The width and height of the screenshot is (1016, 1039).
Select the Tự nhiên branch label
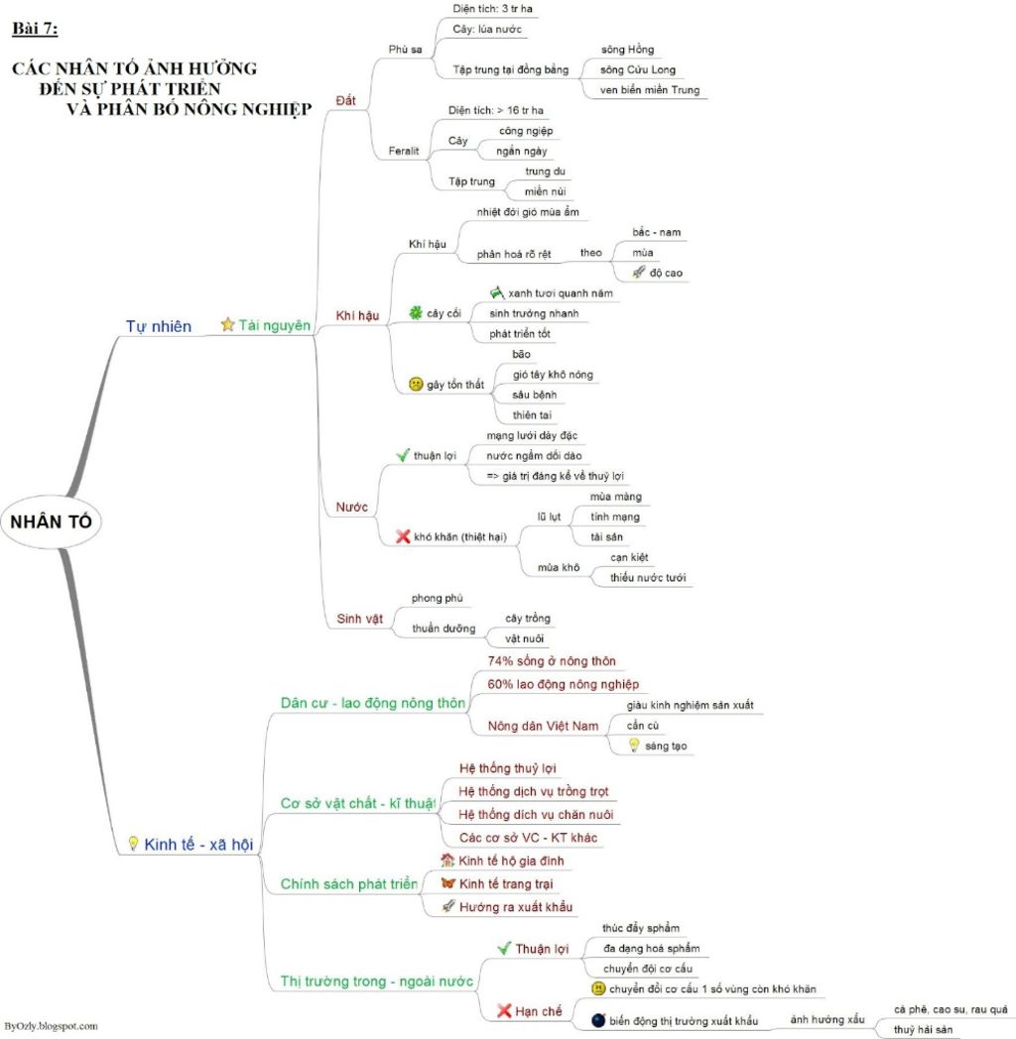(159, 326)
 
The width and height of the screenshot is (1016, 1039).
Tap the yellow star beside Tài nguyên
(227, 324)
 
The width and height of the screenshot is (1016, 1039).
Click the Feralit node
(404, 151)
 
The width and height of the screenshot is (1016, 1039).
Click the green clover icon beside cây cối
(415, 313)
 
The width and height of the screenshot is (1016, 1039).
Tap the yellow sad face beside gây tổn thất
(416, 384)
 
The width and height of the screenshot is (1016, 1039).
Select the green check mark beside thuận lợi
(403, 455)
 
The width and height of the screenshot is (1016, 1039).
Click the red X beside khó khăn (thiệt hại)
(403, 536)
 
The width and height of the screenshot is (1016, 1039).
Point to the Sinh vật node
(359, 619)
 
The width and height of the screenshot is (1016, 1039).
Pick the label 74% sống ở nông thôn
(552, 661)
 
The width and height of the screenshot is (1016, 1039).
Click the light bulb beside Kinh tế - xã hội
(132, 844)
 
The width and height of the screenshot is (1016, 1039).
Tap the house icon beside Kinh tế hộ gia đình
(447, 861)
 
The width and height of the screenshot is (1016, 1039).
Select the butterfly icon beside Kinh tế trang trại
(448, 883)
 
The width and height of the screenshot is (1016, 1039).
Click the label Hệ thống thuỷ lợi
(508, 768)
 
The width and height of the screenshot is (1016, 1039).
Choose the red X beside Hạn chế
(504, 1010)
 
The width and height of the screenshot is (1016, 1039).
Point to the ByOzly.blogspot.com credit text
(51, 1026)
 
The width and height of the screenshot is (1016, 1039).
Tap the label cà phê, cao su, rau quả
(950, 1008)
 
